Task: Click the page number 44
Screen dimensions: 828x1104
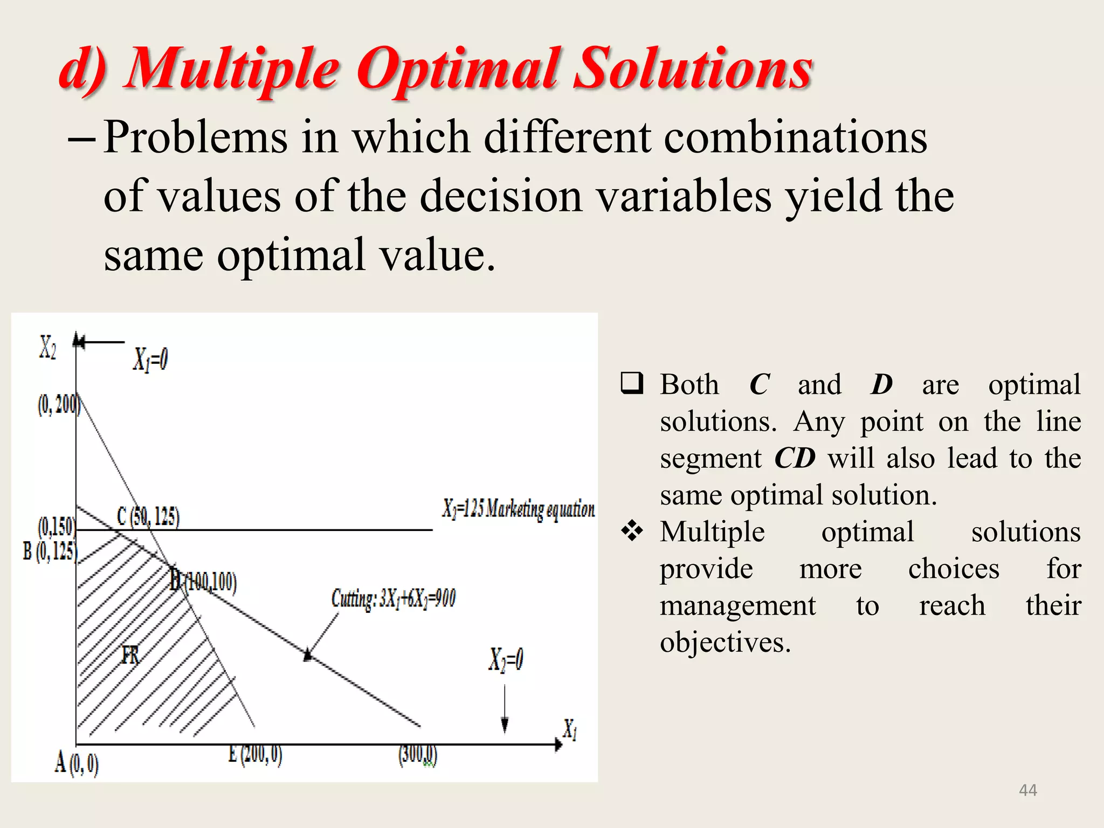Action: point(1027,790)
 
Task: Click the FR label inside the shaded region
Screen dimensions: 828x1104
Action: point(130,655)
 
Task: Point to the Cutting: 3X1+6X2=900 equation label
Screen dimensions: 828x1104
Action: point(393,599)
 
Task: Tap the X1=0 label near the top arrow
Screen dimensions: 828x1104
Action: point(150,360)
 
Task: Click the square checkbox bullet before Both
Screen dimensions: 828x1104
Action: point(632,384)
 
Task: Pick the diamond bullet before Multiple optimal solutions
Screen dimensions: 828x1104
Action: point(632,532)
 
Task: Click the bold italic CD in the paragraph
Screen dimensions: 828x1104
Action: point(794,459)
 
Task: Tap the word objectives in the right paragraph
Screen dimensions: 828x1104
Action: point(724,643)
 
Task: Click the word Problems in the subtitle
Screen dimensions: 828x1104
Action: point(195,138)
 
